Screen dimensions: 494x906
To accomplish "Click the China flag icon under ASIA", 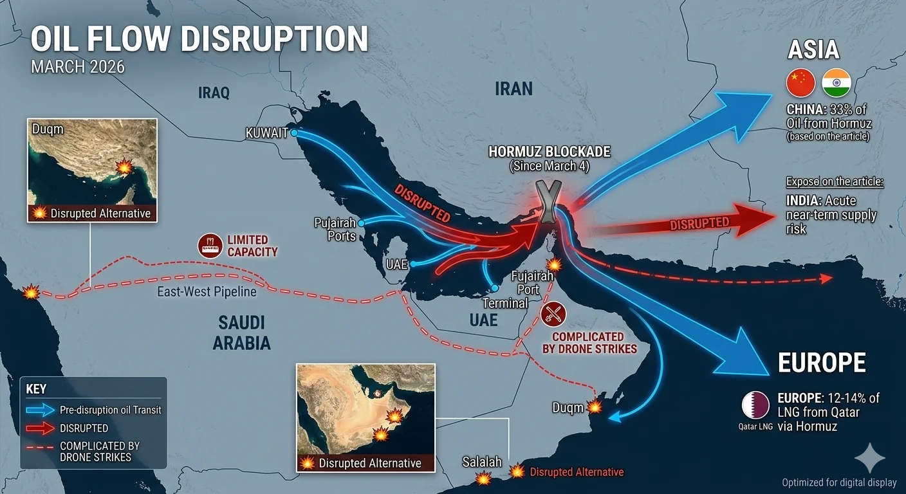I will [800, 84].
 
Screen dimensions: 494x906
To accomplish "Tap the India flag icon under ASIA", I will [837, 84].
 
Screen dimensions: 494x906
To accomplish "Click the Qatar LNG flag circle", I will [755, 405].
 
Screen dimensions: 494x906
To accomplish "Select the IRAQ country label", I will [214, 93].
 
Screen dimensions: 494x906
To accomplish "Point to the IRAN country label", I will [513, 88].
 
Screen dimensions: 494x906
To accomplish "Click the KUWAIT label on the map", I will [266, 133].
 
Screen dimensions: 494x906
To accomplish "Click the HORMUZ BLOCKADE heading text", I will [549, 152].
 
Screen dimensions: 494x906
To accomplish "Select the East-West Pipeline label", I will [207, 292].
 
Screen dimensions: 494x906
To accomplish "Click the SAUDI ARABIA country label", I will [241, 333].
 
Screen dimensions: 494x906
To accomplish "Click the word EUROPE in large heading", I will [822, 363].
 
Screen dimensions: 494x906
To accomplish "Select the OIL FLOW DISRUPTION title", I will [199, 39].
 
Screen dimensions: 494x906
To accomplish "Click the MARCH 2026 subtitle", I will [78, 67].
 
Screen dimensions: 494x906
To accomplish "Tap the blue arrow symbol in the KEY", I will [39, 410].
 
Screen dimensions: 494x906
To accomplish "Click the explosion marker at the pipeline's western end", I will [31, 293].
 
